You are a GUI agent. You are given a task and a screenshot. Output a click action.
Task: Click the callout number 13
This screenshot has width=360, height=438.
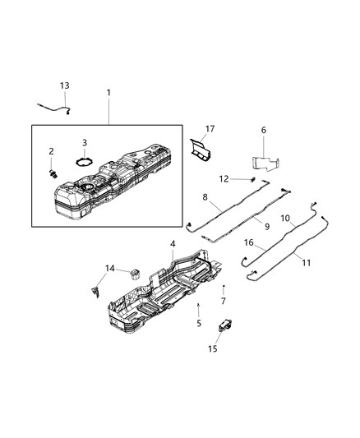pos(65,85)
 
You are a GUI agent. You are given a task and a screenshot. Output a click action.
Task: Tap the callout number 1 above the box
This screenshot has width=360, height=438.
pos(108,93)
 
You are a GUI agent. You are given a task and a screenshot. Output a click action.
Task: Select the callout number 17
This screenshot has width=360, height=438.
pos(210,128)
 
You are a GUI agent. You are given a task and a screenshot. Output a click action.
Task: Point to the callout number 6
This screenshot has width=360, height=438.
pos(263,130)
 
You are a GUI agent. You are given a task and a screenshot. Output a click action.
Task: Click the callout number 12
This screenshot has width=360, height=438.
pos(224,178)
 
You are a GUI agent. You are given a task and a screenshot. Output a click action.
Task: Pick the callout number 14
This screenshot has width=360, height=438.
pos(110,268)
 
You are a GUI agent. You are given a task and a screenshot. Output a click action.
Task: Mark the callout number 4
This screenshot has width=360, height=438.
pos(172,244)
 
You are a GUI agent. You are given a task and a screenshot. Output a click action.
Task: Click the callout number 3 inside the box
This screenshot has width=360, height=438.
pos(85,143)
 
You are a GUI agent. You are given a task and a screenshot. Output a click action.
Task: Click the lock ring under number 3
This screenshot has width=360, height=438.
pos(84,161)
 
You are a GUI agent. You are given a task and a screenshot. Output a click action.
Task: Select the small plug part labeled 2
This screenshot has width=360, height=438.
pos(53,173)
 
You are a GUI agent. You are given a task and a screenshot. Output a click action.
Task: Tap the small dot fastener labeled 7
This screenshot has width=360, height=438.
pos(223,286)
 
